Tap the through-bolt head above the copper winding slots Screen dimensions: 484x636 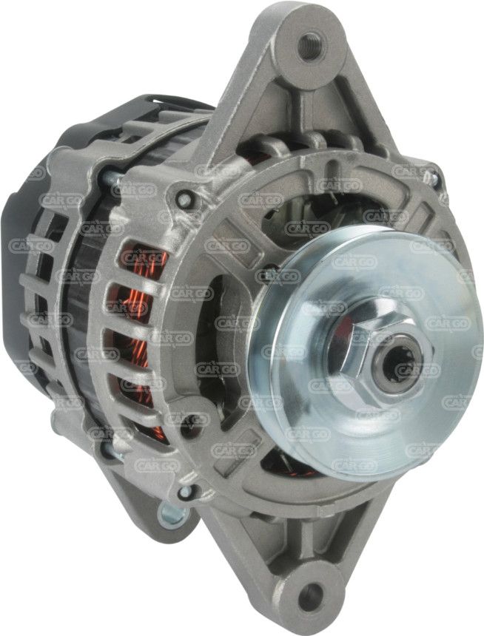184,199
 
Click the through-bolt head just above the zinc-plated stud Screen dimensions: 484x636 185,493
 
